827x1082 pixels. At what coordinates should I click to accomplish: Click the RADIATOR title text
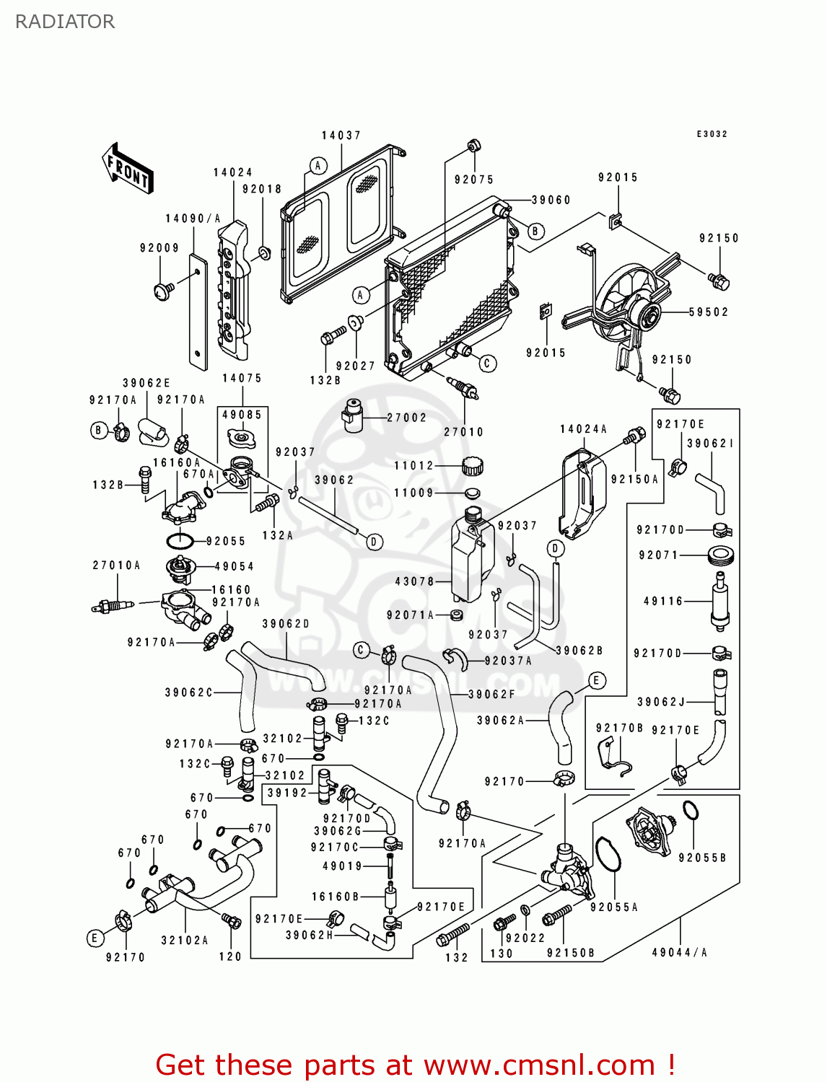[x=65, y=22]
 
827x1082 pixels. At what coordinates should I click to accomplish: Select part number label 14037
[x=341, y=136]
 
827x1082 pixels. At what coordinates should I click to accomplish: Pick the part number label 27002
[x=406, y=418]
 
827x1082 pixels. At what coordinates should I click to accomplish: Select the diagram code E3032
[x=712, y=134]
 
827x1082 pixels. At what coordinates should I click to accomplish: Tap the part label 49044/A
[x=679, y=952]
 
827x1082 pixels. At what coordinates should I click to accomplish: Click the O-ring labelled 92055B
[x=691, y=811]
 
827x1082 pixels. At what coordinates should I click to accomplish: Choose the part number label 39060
[x=551, y=200]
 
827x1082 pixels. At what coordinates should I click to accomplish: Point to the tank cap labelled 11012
[x=472, y=466]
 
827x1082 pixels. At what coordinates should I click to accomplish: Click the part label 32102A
[x=184, y=940]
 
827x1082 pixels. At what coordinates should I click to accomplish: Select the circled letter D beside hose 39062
[x=375, y=542]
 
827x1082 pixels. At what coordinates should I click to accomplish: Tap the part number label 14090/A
[x=193, y=219]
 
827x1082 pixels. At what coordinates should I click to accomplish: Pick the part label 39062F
[x=491, y=694]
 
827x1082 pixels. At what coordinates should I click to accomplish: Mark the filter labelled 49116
[x=719, y=600]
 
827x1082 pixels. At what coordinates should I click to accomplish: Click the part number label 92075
[x=473, y=180]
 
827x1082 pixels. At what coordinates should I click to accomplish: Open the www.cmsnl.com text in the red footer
[x=538, y=1065]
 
